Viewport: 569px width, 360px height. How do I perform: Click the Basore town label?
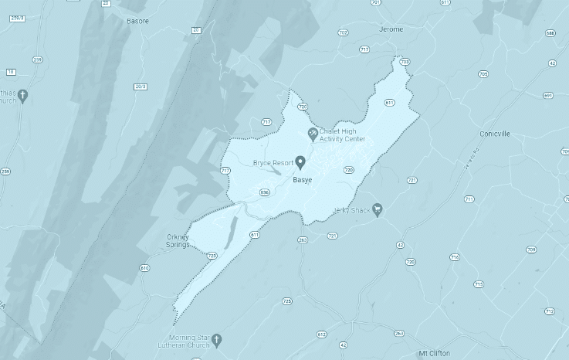click(137, 21)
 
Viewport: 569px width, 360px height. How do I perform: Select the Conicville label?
click(493, 134)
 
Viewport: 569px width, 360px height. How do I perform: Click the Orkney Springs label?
click(178, 240)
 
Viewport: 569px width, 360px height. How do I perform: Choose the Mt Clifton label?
click(434, 352)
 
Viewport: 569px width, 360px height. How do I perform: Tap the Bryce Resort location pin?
click(300, 161)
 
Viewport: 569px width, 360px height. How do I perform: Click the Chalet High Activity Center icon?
click(313, 134)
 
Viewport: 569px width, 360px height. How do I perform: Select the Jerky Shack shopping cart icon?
click(378, 209)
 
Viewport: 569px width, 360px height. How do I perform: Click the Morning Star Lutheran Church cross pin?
click(217, 340)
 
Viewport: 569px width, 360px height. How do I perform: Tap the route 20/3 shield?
click(140, 86)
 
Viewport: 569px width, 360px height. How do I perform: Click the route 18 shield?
click(11, 72)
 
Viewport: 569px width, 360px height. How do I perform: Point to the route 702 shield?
click(343, 32)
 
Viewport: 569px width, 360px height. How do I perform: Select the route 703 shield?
click(405, 61)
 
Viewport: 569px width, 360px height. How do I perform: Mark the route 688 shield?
click(550, 33)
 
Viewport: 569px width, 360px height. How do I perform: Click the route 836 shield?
click(265, 192)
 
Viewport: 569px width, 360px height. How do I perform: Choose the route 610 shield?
click(144, 268)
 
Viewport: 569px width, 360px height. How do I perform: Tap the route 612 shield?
click(322, 334)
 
